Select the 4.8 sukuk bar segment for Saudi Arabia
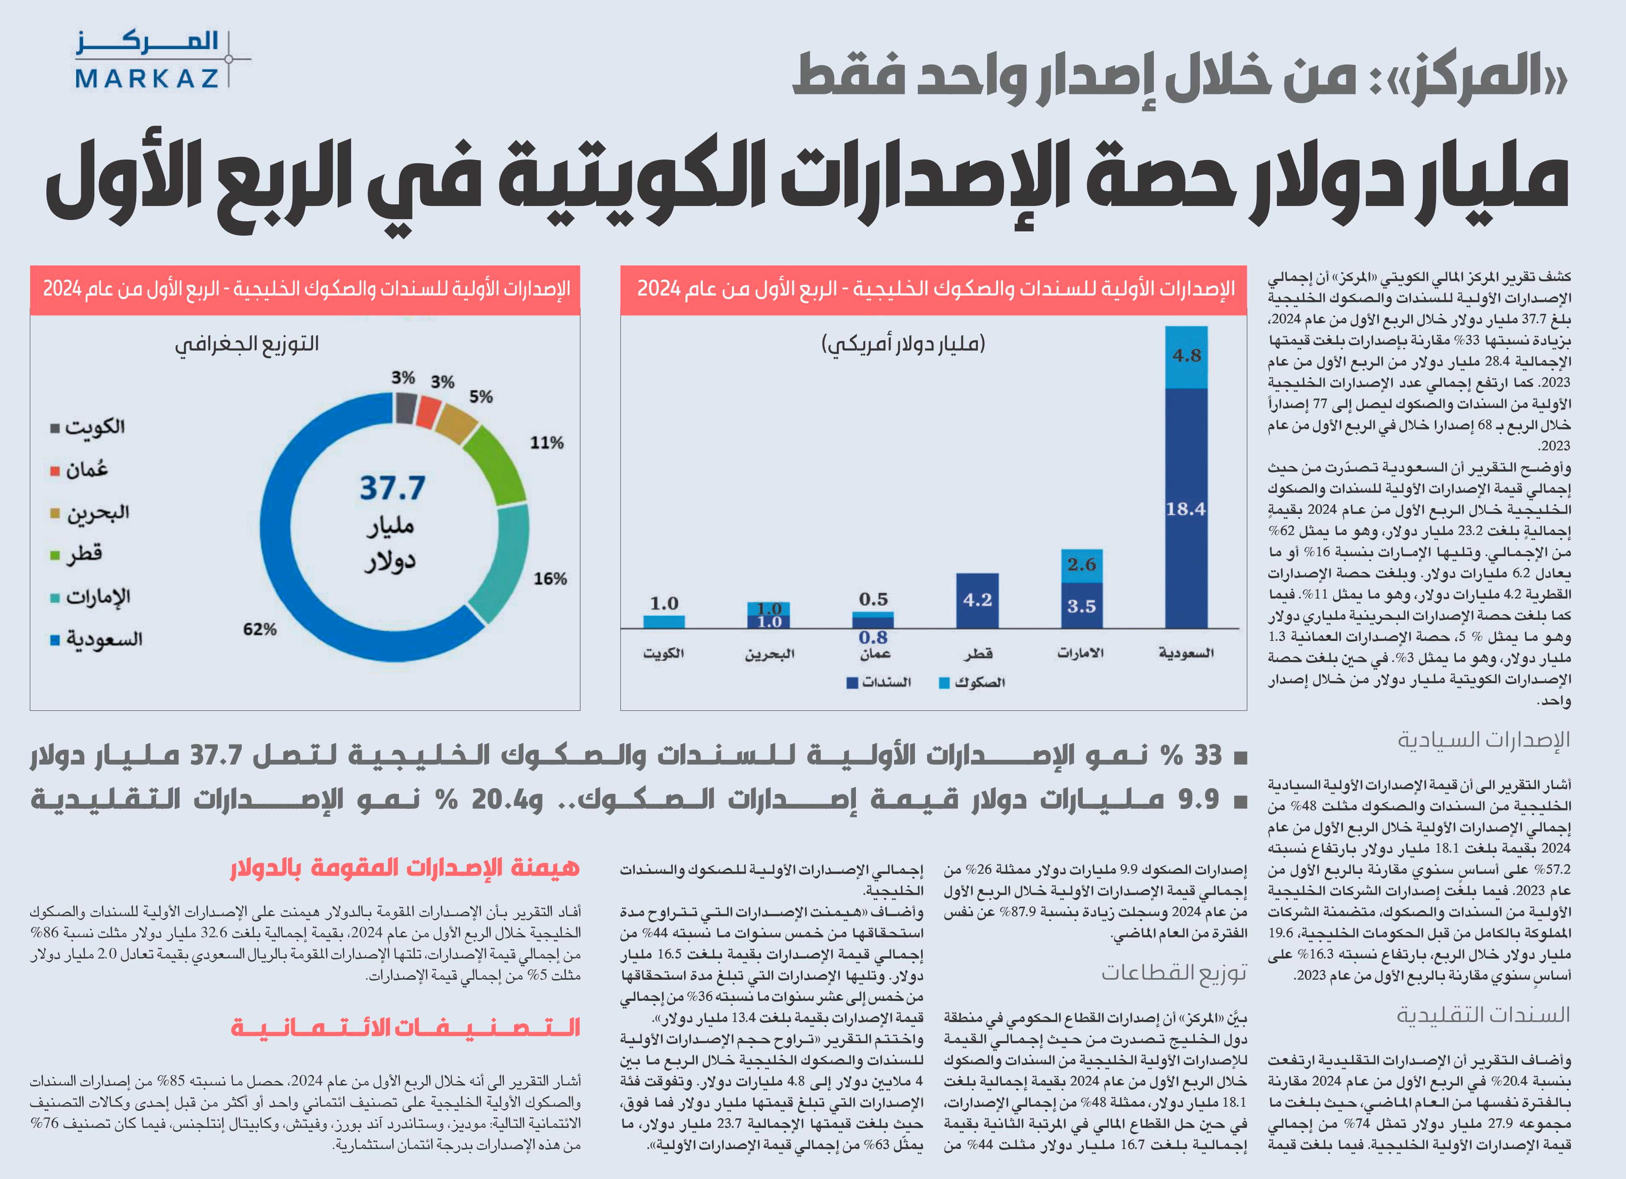(x=1186, y=357)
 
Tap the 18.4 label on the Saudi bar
(x=1186, y=509)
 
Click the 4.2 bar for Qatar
(x=977, y=601)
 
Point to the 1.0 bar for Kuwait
(x=664, y=621)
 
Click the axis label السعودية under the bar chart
(x=1186, y=653)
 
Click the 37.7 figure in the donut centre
(x=392, y=488)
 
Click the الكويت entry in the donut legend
(x=88, y=428)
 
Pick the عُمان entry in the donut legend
(x=79, y=470)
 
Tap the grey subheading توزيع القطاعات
(x=1175, y=973)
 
